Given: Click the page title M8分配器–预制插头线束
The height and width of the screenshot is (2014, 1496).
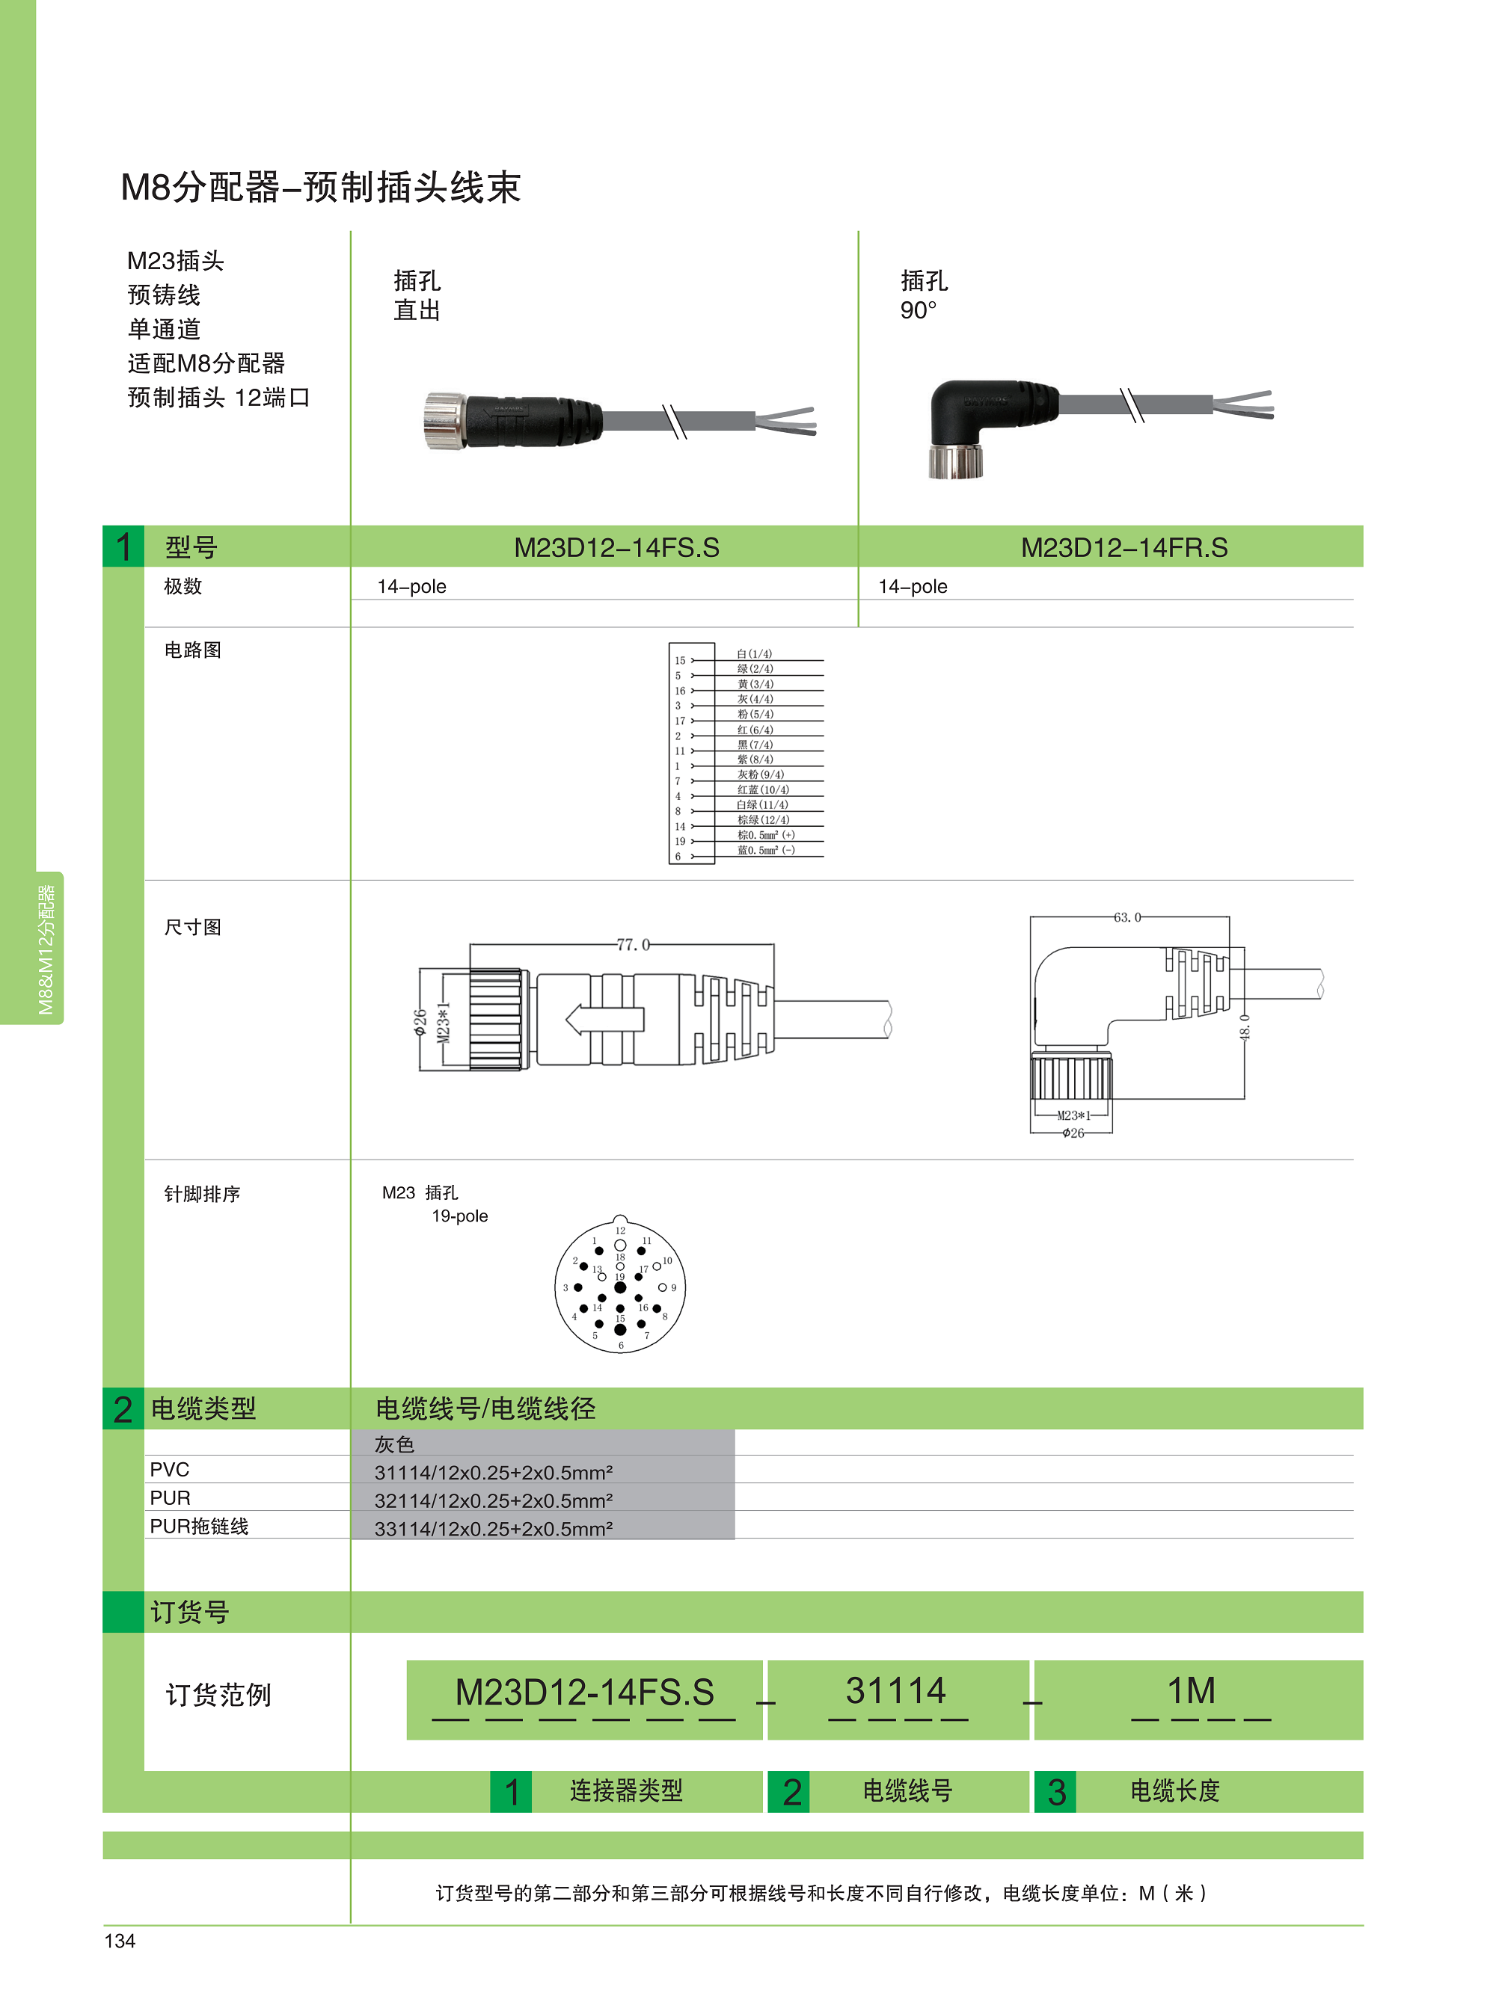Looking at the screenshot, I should click(321, 188).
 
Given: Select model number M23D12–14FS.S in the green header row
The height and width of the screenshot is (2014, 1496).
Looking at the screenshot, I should click(616, 548).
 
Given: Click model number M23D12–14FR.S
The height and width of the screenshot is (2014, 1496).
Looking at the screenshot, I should click(1123, 548).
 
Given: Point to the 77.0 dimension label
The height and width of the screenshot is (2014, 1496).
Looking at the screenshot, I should click(633, 944).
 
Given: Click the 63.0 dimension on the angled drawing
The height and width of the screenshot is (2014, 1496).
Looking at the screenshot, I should click(1127, 917).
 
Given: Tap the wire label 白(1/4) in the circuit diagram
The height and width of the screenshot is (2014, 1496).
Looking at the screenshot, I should click(754, 653).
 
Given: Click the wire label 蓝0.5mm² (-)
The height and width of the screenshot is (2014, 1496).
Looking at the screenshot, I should click(766, 850).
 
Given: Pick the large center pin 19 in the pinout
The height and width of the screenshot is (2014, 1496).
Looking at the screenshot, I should click(620, 1287).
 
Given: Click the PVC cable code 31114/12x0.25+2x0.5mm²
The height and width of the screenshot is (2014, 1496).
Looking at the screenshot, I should click(494, 1473).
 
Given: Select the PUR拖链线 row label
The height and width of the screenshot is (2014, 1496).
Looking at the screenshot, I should click(199, 1526).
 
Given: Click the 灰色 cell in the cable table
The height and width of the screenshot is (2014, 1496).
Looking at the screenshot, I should click(395, 1444).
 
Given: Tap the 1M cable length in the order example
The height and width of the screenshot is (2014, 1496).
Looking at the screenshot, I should click(1191, 1691).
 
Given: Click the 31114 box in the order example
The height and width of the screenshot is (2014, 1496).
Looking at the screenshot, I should click(895, 1691).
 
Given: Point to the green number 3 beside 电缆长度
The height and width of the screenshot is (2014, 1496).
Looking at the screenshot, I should click(1056, 1792).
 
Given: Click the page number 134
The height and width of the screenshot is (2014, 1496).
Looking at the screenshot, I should click(120, 1941).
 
